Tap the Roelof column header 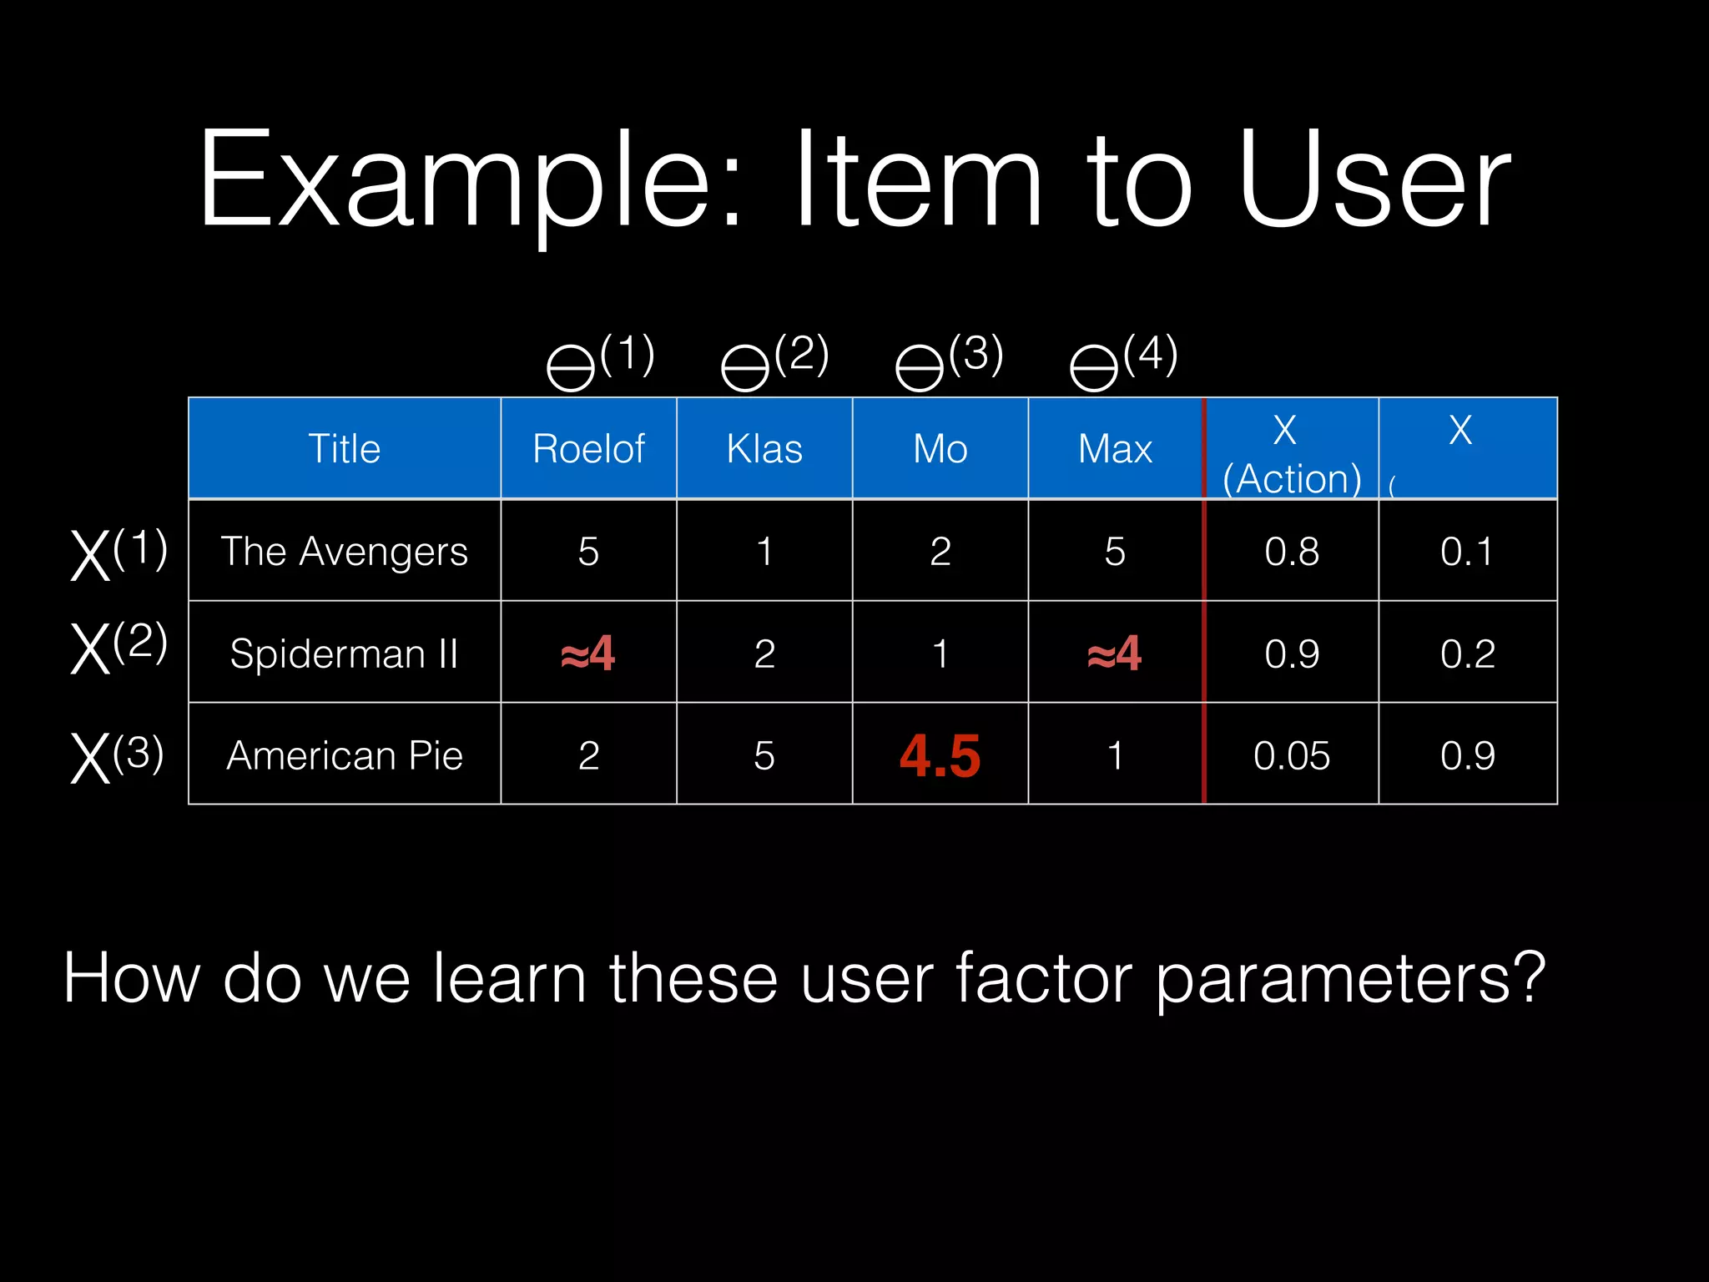pos(588,449)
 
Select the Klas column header pos(764,449)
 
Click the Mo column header pos(940,449)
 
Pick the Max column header pos(1115,449)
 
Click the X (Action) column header pos(1291,455)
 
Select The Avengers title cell pos(344,552)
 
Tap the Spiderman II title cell pos(344,654)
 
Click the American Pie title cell pos(344,756)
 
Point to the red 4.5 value pos(940,756)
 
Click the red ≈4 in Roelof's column pos(587,654)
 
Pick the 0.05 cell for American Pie pos(1291,756)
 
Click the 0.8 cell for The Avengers pos(1291,552)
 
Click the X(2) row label pos(118,647)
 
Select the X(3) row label pos(117,756)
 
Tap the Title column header pos(344,449)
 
